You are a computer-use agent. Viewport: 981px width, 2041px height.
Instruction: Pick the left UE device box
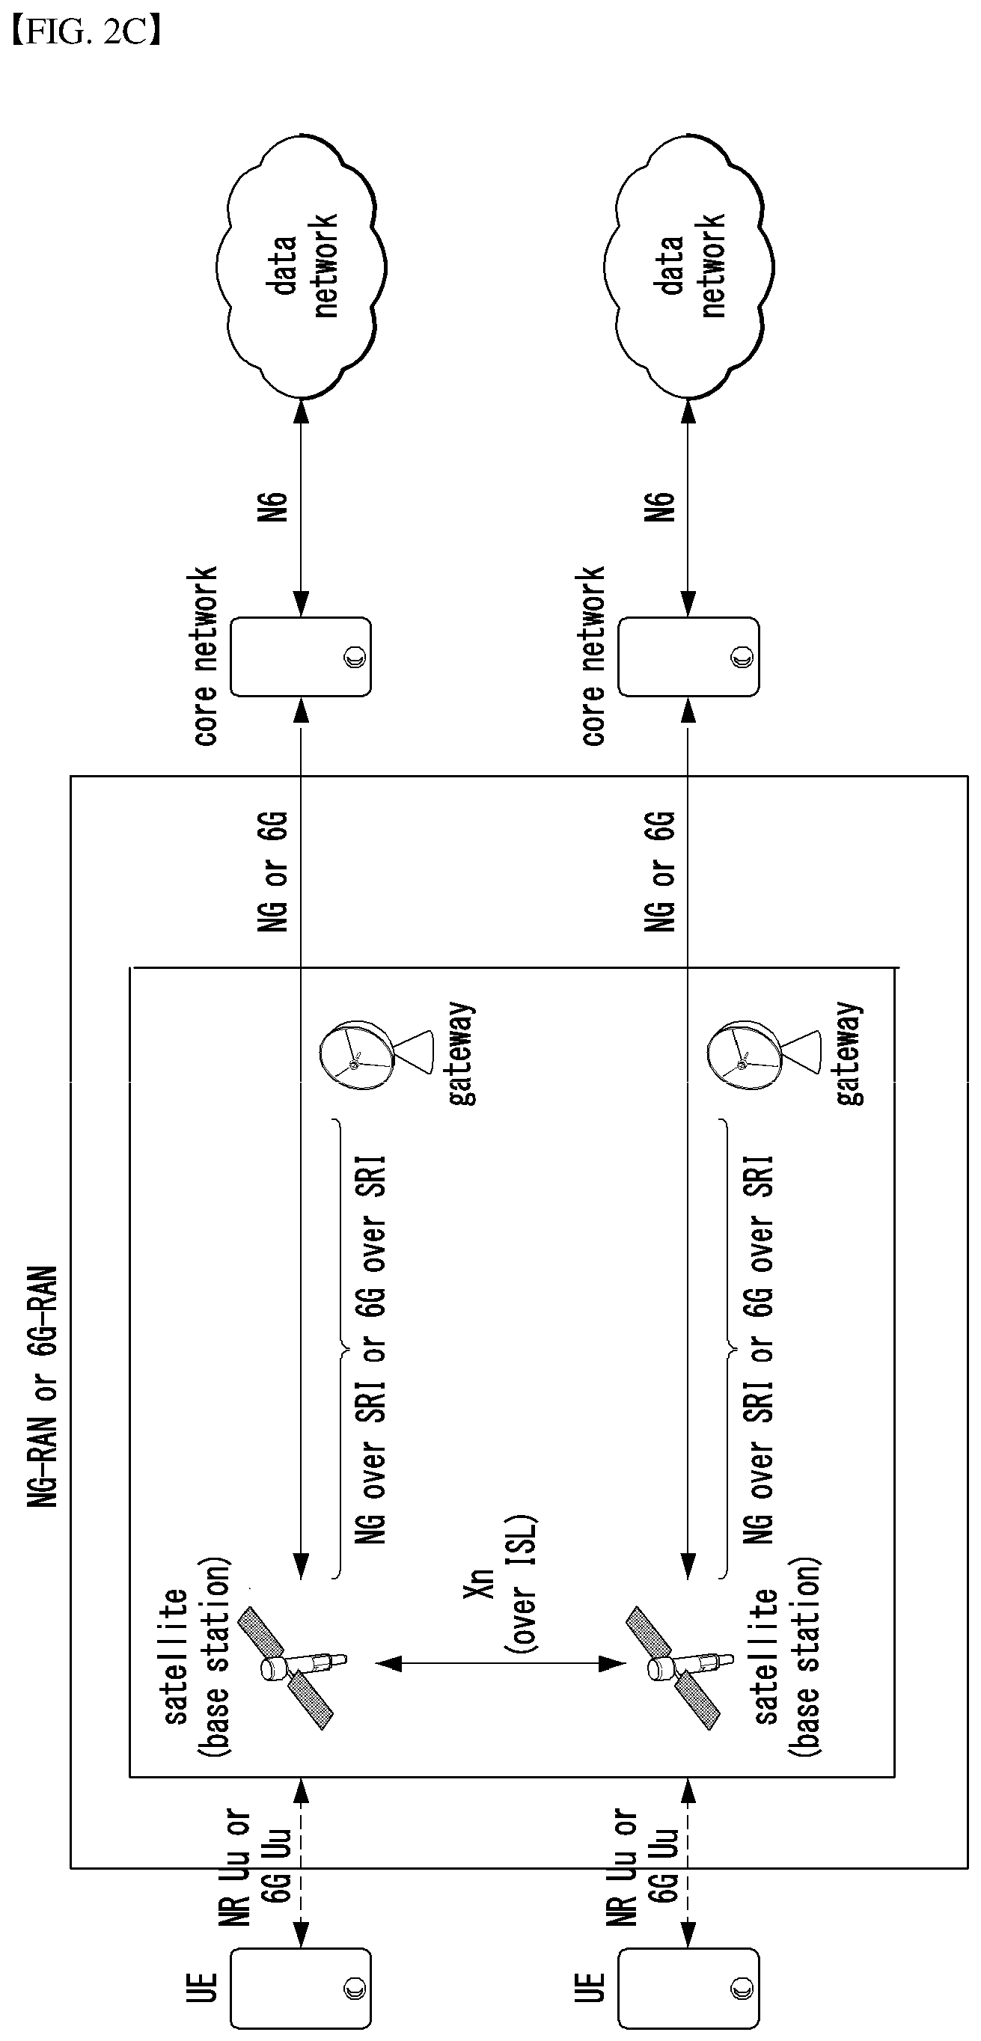pyautogui.click(x=300, y=1988)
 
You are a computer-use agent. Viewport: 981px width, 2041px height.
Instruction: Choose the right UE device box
pyautogui.click(x=688, y=1988)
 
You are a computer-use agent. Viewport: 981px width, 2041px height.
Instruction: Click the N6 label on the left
pyautogui.click(x=273, y=507)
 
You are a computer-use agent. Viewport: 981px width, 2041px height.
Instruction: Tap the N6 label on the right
pyautogui.click(x=661, y=507)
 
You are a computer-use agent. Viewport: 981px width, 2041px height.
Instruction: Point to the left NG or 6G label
pyautogui.click(x=273, y=871)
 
